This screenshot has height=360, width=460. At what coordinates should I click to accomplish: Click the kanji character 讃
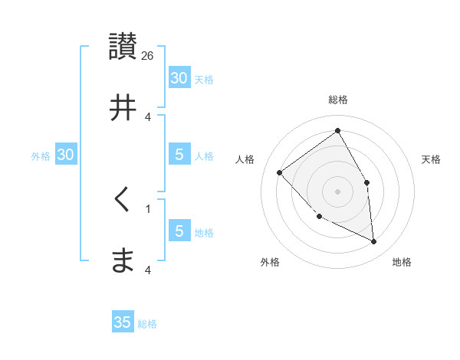click(123, 46)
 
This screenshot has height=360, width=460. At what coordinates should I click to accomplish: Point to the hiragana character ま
click(123, 261)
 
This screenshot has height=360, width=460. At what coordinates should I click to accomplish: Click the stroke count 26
click(148, 55)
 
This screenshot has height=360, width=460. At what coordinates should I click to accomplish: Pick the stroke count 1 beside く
click(148, 208)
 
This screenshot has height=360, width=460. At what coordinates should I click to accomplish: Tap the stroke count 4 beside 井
click(148, 116)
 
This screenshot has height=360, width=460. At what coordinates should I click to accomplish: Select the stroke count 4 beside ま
click(148, 270)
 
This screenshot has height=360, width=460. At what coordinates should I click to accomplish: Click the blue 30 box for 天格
click(179, 78)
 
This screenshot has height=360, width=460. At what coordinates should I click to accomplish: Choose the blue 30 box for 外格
click(66, 155)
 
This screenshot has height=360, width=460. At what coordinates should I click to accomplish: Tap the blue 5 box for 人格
click(179, 155)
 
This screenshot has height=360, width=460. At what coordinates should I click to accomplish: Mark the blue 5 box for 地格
click(179, 231)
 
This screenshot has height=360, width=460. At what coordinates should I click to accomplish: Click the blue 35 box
click(123, 322)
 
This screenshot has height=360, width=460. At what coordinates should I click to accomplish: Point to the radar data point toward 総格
click(337, 131)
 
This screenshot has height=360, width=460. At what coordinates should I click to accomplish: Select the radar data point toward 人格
click(280, 172)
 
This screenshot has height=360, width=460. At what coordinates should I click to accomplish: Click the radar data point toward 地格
click(373, 241)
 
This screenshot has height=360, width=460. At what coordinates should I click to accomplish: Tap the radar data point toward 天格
click(366, 182)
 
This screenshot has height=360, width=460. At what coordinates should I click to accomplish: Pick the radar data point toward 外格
click(320, 216)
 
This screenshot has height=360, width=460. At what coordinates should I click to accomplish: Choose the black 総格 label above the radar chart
click(337, 100)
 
